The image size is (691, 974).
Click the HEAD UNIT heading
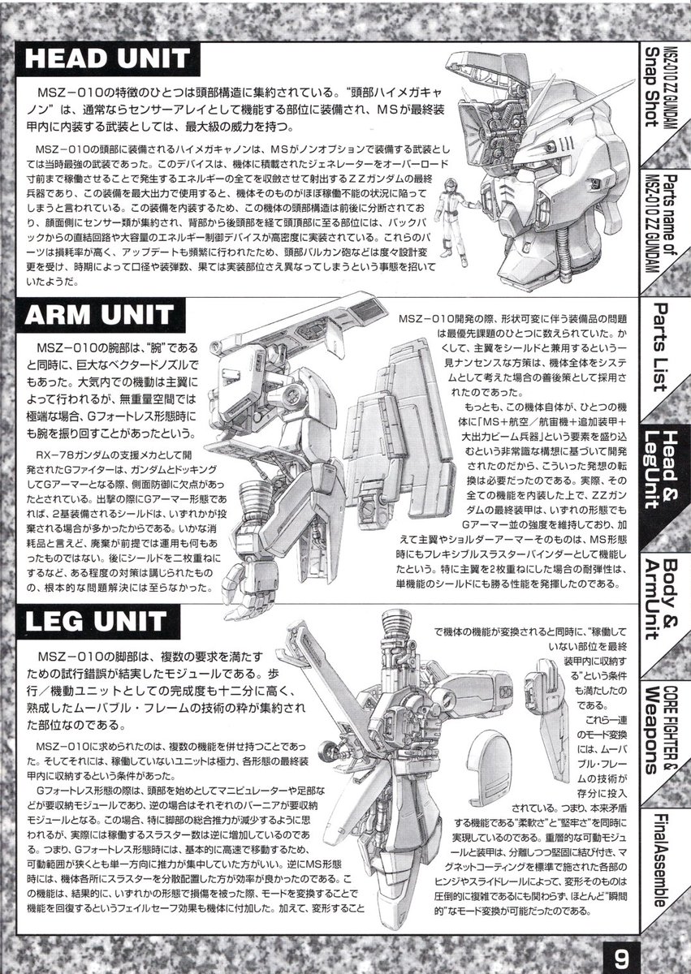coord(108,59)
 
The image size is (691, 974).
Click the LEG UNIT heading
coord(95,623)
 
